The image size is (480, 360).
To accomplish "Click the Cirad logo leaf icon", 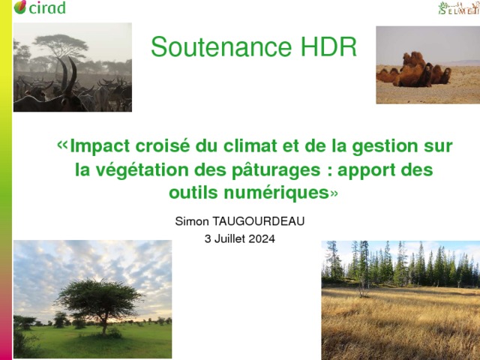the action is (x=20, y=7).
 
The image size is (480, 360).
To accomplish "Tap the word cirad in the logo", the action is (x=47, y=7).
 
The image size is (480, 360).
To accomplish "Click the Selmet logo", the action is (x=458, y=8).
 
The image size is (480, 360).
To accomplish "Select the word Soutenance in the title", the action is (x=221, y=46).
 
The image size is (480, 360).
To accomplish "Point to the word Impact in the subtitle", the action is (x=100, y=146).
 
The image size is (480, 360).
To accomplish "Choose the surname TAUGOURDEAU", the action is (x=258, y=221).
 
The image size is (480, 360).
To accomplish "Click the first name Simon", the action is (x=192, y=221).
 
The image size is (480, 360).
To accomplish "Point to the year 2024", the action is (x=262, y=238).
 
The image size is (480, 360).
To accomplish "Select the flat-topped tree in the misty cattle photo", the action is (x=61, y=46).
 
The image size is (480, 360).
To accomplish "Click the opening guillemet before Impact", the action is (x=62, y=144).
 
